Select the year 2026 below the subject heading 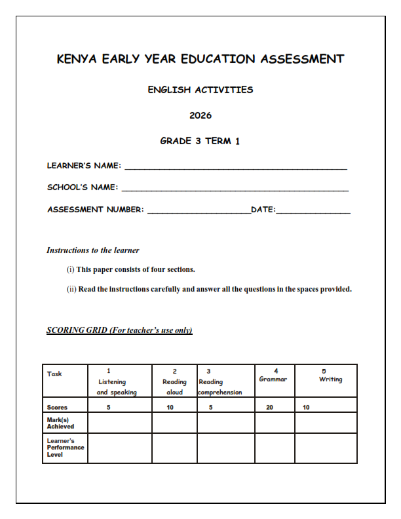pos(200,115)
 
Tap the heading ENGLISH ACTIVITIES pos(200,90)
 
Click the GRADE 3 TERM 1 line pos(200,141)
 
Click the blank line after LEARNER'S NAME pos(235,168)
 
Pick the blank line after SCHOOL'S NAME pos(235,190)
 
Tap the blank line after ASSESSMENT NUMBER pos(199,212)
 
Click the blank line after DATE pos(313,212)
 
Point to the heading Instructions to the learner pos(93,250)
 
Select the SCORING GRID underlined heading pos(119,330)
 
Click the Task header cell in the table pos(55,374)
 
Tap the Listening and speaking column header pos(117,381)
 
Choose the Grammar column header pos(274,376)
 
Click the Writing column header pos(326,376)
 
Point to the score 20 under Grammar pos(269,407)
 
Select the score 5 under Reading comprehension pos(210,407)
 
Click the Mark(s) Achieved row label pos(60,423)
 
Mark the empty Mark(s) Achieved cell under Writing pos(326,423)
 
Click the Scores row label pos(58,407)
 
